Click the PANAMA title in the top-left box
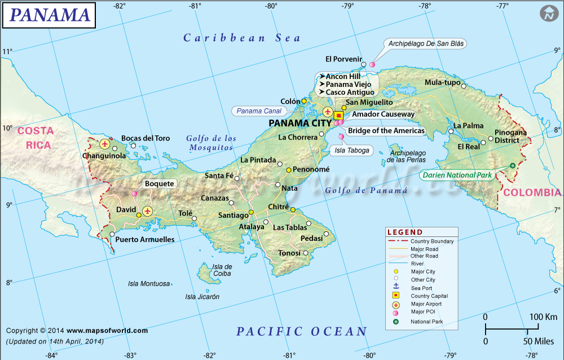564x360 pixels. point(50,15)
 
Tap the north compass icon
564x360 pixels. point(548,14)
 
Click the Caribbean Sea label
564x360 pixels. point(242,38)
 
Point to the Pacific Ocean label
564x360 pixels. point(302,331)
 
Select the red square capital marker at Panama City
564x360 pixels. point(338,115)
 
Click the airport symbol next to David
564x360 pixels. point(148,211)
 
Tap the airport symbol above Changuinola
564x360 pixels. point(104,144)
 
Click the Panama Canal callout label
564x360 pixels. point(259,111)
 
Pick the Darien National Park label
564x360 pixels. point(458,175)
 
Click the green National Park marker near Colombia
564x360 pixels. point(512,165)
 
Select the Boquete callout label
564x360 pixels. point(160,183)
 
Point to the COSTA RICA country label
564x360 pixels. point(36,138)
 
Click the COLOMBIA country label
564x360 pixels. point(532,192)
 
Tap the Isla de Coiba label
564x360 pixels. point(222,270)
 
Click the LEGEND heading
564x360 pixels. point(404,232)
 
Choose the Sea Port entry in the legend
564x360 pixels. point(422,288)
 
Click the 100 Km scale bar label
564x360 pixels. point(544,317)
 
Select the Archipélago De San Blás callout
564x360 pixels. point(427,43)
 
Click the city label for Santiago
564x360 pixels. point(233,215)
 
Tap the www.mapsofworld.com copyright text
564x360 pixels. point(107,331)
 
